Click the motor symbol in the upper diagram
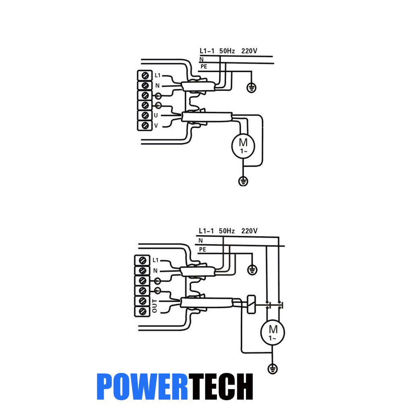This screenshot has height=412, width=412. [x=243, y=146]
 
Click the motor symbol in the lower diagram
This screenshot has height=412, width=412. [x=272, y=332]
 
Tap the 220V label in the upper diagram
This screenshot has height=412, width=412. [x=249, y=51]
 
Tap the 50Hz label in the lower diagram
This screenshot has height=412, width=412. [x=227, y=231]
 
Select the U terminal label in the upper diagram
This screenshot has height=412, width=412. [x=156, y=116]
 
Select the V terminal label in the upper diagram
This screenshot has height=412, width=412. [x=156, y=126]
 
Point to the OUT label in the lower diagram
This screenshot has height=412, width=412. [x=155, y=306]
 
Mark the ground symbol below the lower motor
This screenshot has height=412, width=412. [x=272, y=368]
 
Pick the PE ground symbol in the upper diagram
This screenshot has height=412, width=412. [x=251, y=88]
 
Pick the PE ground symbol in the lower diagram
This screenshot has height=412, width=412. [x=252, y=269]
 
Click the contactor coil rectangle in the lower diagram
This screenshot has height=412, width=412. [x=251, y=304]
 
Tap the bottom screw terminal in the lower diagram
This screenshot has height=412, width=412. [x=141, y=311]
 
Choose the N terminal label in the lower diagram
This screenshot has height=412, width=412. [x=155, y=271]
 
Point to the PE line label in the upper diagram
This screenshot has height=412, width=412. [x=204, y=66]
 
